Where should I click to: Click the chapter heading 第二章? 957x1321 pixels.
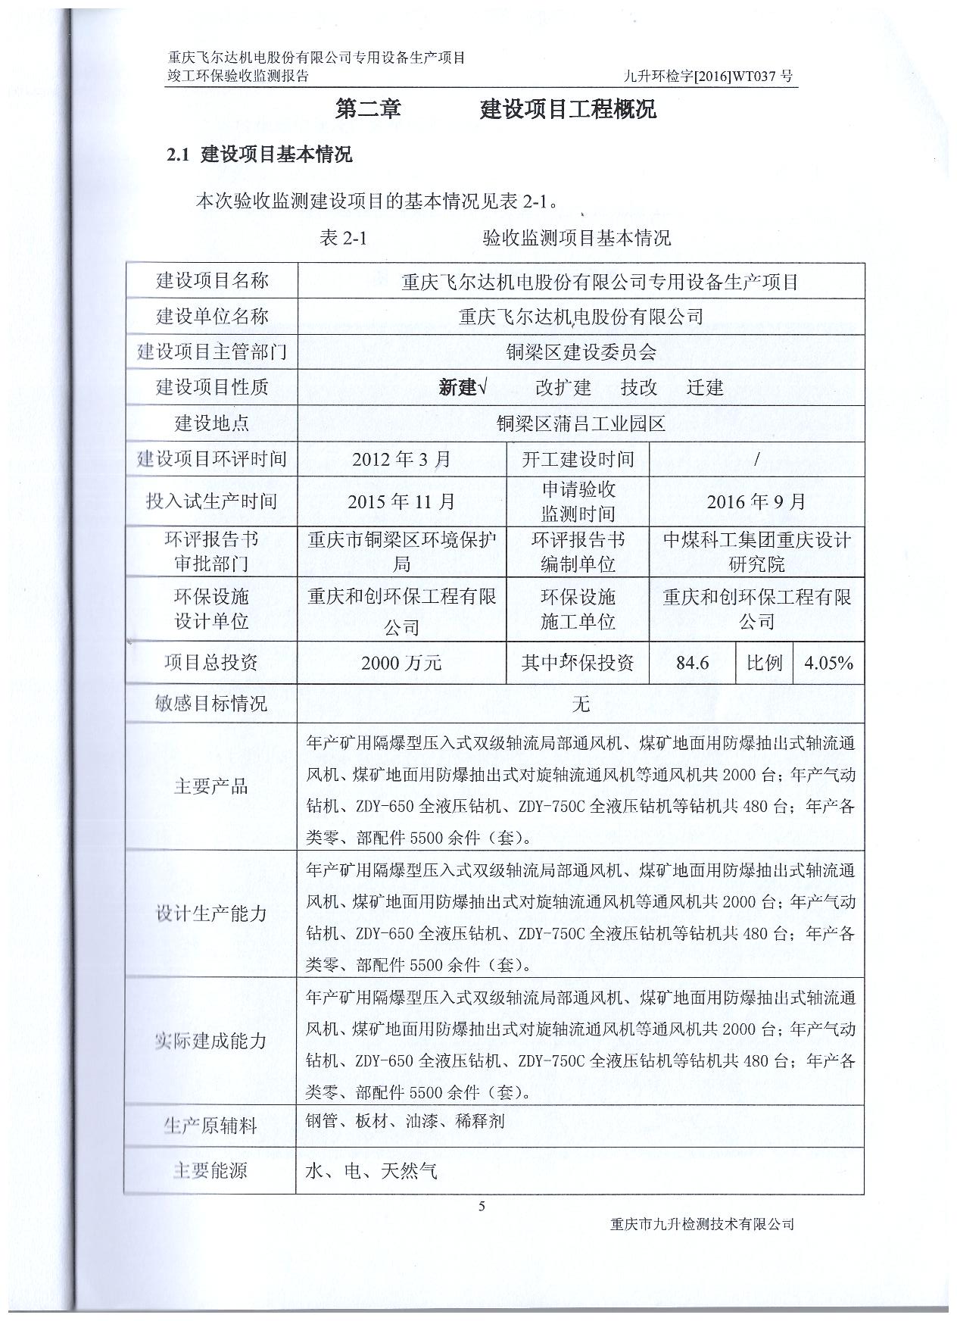368,110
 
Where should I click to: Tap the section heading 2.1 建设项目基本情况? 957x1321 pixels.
260,155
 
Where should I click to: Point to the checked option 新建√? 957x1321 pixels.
462,388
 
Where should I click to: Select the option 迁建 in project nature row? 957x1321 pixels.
705,388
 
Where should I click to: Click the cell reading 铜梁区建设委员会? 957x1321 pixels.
581,352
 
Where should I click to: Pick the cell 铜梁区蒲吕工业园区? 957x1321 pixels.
581,423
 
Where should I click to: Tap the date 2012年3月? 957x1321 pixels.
401,459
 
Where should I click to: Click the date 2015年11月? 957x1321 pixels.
401,501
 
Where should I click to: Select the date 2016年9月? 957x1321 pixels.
756,501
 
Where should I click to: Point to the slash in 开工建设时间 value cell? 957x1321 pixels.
756,459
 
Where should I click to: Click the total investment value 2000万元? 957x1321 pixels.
401,664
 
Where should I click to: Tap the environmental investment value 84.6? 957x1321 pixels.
692,664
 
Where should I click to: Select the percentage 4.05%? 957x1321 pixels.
828,664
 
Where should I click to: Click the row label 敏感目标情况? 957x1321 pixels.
211,704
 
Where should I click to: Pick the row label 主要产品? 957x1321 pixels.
211,786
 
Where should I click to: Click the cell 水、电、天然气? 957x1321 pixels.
371,1171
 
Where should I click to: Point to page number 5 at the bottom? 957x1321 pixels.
482,1207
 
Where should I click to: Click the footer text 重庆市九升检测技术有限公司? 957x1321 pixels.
701,1224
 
